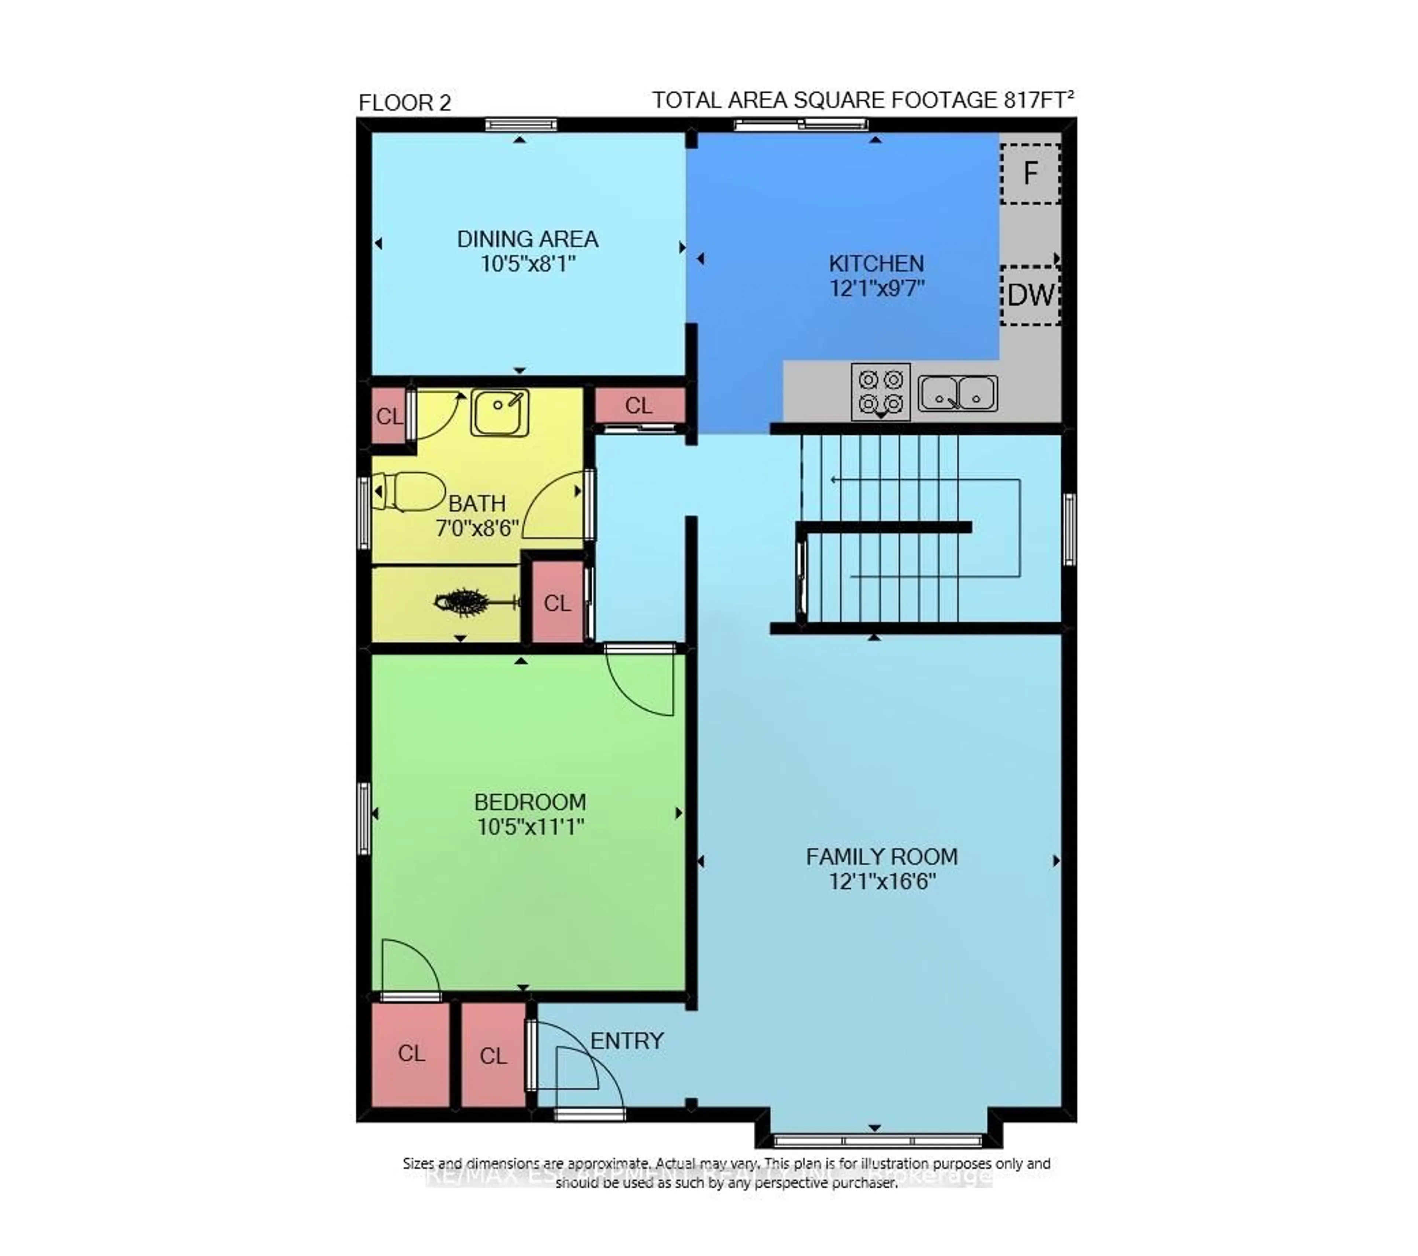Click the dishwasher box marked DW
1030,295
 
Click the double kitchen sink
958,393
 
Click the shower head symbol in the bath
461,602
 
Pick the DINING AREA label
527,239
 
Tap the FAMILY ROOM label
881,857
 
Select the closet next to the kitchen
639,405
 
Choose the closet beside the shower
557,602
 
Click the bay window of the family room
878,1140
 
